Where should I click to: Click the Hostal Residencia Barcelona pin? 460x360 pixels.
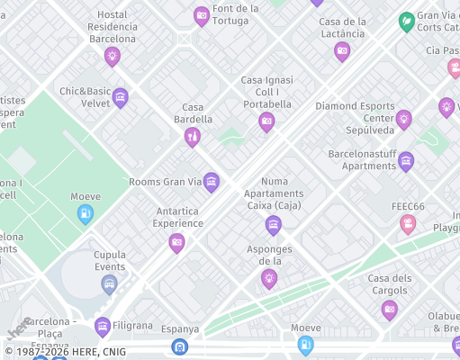click(113, 56)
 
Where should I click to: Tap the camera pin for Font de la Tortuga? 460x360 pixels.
click(202, 15)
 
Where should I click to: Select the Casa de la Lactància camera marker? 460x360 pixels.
click(342, 50)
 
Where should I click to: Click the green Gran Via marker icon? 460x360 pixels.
click(407, 20)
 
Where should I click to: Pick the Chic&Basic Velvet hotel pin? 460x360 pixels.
click(121, 97)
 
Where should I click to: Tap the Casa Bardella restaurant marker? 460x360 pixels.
click(192, 136)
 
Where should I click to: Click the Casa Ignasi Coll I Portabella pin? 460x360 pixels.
click(266, 121)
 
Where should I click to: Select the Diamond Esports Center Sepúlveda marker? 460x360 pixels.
click(404, 119)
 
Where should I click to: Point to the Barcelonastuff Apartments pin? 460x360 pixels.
click(406, 161)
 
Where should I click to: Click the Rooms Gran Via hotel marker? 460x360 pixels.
click(212, 182)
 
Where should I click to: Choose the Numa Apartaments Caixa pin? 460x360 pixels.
click(274, 224)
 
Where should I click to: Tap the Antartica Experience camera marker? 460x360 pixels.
click(177, 241)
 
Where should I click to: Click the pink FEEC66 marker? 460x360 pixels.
click(409, 223)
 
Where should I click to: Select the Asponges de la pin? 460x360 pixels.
click(269, 278)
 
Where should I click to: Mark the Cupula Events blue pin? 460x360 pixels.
click(110, 284)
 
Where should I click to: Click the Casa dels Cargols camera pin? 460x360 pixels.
click(390, 310)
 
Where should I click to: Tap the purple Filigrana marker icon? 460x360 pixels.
click(103, 326)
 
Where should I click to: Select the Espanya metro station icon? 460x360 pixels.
click(180, 346)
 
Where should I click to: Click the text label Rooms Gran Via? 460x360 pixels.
click(166, 182)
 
